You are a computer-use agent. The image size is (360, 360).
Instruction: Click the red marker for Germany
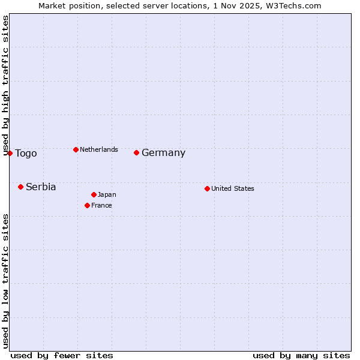[136, 152]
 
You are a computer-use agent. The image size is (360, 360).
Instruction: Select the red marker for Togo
[10, 153]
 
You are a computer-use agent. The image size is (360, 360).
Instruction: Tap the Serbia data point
[20, 187]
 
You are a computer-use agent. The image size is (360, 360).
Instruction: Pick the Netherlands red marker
[76, 149]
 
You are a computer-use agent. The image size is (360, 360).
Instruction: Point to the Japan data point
[94, 194]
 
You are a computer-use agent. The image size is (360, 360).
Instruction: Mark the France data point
[87, 205]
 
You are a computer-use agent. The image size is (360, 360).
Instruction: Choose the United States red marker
[207, 188]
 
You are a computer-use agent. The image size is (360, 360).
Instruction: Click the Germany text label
[163, 153]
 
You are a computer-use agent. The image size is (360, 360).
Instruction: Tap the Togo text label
[26, 154]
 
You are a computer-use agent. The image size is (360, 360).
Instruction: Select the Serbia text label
[41, 187]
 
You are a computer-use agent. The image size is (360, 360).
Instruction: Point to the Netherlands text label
[99, 149]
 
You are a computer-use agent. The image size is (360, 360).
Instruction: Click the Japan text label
[107, 194]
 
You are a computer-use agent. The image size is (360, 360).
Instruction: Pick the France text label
[101, 205]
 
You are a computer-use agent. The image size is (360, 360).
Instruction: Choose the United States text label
[233, 188]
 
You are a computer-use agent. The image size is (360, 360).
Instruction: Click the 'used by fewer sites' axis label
[62, 355]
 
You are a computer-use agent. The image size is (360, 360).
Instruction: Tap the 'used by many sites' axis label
[301, 355]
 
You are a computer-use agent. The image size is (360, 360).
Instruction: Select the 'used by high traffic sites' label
[5, 85]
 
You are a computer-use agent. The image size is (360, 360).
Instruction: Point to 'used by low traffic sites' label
[5, 281]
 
